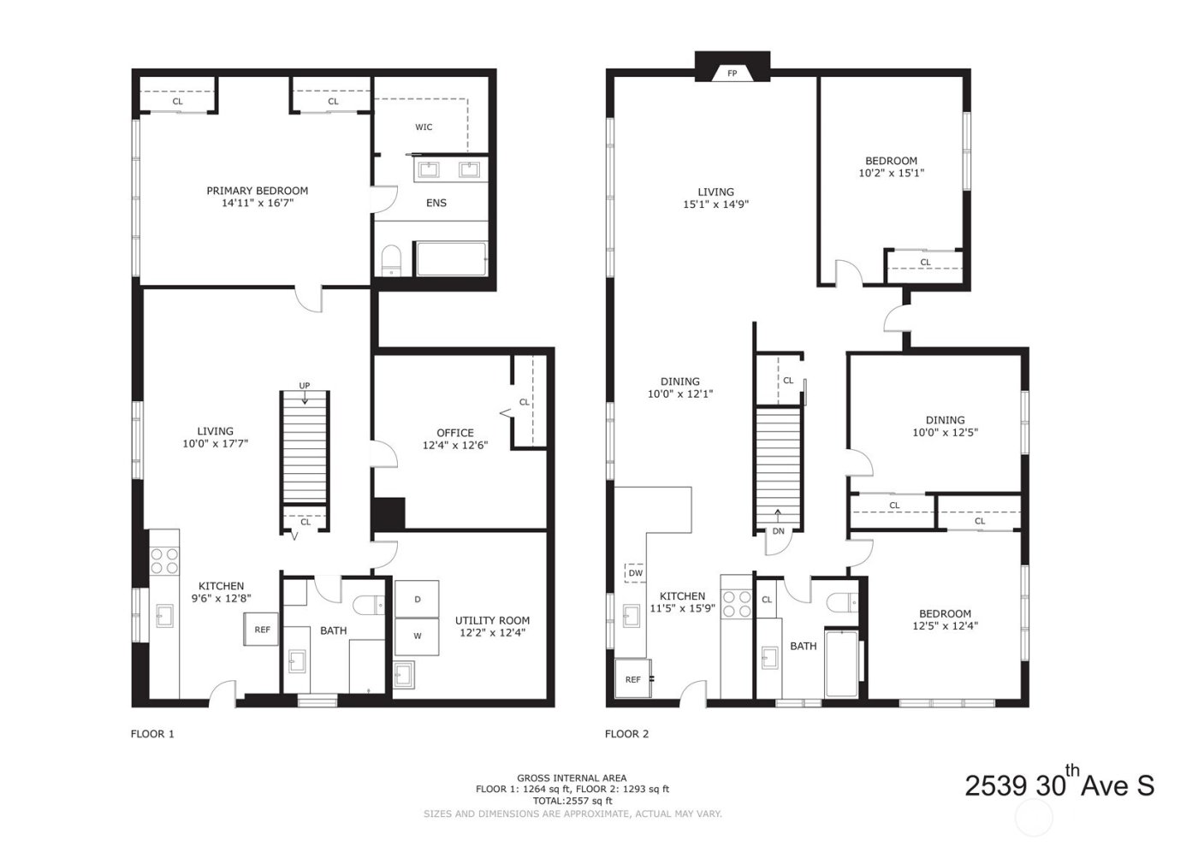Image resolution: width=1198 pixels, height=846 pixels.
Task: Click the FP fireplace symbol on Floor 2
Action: click(732, 74)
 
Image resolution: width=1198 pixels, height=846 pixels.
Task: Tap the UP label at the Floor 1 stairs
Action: click(304, 386)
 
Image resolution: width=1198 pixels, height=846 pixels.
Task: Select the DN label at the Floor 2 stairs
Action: click(778, 531)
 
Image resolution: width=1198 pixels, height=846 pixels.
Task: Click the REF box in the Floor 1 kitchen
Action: click(262, 630)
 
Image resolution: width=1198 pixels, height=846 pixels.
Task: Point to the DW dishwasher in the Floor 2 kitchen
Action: click(636, 573)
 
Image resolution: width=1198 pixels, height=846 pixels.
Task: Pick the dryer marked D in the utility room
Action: click(417, 600)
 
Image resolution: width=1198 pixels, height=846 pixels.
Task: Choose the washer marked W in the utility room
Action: click(417, 636)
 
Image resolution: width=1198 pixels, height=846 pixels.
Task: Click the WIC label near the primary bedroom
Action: click(424, 127)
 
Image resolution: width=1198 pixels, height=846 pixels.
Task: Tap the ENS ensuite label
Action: click(436, 203)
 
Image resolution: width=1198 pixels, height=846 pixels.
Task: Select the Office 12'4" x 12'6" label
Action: click(454, 439)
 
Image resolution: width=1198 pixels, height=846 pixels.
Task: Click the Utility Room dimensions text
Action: click(492, 633)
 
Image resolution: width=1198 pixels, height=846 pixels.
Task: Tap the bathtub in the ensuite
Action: click(451, 258)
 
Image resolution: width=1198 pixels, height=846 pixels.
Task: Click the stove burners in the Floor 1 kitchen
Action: click(164, 559)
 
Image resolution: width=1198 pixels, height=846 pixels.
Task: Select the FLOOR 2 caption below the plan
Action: click(626, 733)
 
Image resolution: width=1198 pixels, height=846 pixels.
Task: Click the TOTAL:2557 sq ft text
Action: click(572, 801)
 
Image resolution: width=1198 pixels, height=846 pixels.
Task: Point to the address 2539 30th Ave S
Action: click(1059, 784)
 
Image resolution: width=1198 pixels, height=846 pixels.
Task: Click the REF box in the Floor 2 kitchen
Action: click(632, 679)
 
